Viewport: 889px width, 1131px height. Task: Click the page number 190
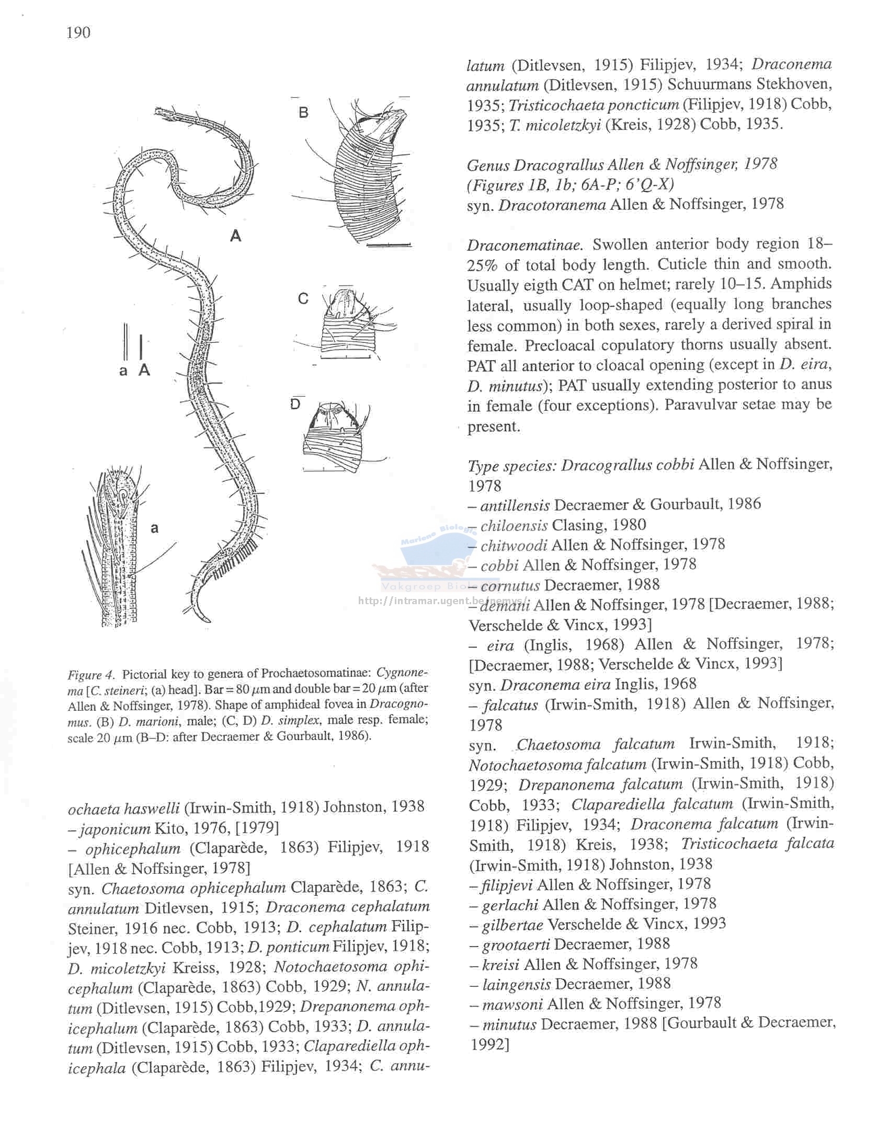pos(79,33)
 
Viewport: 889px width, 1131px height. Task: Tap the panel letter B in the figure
pos(304,112)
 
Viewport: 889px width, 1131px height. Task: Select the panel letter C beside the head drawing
pos(303,298)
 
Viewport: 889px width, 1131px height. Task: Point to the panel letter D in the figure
pos(296,404)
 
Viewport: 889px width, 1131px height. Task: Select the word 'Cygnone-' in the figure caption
pos(402,673)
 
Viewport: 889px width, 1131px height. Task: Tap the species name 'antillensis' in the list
pos(515,505)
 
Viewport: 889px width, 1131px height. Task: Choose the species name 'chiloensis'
pos(514,525)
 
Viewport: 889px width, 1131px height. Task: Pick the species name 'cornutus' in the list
pos(510,585)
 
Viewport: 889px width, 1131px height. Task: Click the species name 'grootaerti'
pos(515,944)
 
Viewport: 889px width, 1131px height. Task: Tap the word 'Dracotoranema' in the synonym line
pos(552,204)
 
